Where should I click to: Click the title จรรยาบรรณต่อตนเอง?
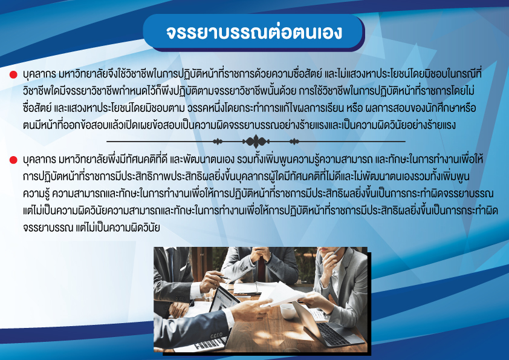tap(254, 32)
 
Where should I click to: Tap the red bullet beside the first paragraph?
tap(13, 75)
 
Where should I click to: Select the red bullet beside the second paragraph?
tap(13, 160)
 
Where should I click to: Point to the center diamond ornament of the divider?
tap(256, 142)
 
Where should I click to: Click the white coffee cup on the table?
tap(288, 310)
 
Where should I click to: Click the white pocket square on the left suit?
tap(182, 267)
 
